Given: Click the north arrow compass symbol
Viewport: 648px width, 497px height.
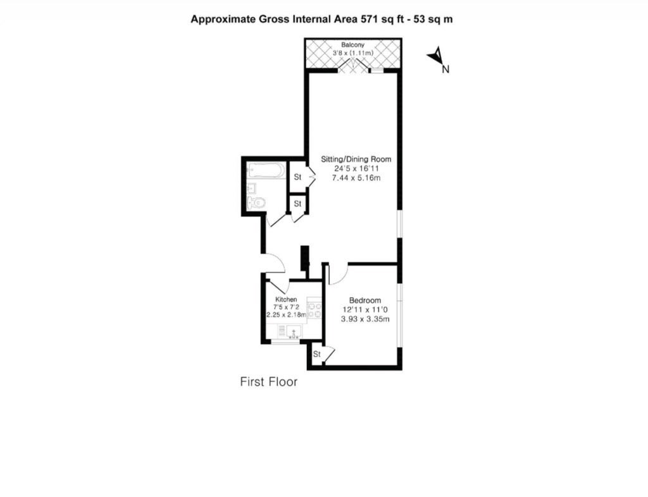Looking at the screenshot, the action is pos(437,57).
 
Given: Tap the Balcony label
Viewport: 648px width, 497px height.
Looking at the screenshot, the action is pos(352,45).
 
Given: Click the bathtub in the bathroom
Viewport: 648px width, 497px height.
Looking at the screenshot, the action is pos(266,170).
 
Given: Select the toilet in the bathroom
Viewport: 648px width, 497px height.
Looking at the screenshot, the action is pos(257,203).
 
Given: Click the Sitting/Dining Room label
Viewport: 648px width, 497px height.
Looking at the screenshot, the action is pos(356,159).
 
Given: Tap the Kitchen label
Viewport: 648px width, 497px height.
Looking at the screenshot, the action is pos(286,299).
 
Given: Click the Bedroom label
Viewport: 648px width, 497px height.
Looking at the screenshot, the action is pos(365,300).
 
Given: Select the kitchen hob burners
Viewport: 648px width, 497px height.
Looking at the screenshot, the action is pos(315,310).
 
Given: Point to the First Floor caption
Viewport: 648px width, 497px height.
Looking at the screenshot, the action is pos(268,382).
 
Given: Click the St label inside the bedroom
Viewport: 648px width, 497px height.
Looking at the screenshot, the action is pos(317,354).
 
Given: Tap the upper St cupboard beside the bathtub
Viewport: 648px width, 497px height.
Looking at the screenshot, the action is pos(297,176).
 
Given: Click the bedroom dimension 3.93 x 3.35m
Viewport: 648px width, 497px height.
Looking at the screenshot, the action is pos(365,319).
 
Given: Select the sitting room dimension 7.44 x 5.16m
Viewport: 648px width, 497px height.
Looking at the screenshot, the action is pos(356,178).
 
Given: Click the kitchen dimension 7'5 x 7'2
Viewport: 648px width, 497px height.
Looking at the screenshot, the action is pos(286,307).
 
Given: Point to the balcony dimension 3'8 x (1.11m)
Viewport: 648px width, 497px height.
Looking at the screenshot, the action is pos(353,53).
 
